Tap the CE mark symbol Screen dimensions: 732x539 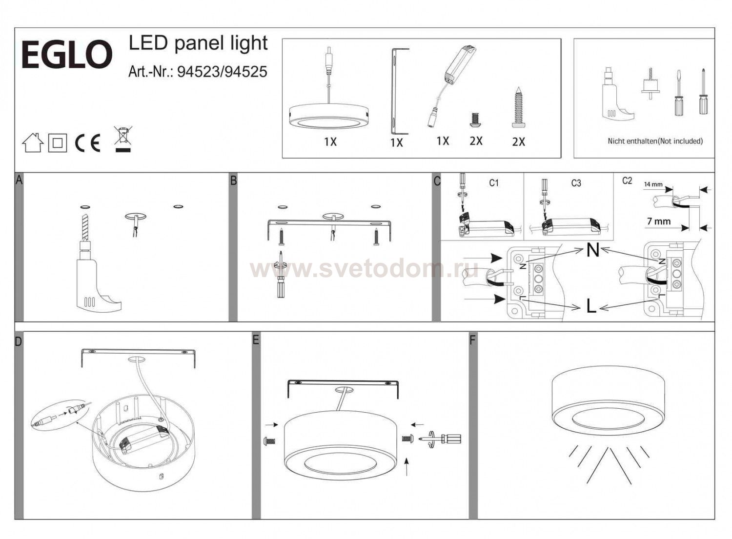click(x=87, y=143)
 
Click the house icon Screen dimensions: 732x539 click(x=33, y=142)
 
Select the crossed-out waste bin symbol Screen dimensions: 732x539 click(x=123, y=139)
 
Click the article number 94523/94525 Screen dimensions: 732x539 click(x=222, y=72)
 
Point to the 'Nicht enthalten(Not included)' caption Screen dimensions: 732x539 click(x=655, y=141)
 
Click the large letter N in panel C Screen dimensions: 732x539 click(x=593, y=251)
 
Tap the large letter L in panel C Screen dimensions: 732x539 click(x=591, y=306)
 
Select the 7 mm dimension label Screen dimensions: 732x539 click(x=659, y=221)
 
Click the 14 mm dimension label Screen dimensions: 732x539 click(x=653, y=184)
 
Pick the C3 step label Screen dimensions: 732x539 click(x=576, y=183)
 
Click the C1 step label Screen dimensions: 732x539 click(x=494, y=183)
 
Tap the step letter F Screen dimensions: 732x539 click(x=472, y=340)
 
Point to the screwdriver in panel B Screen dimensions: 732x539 click(x=281, y=275)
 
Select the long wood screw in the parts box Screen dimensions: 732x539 click(x=518, y=107)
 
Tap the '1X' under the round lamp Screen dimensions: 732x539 click(x=330, y=142)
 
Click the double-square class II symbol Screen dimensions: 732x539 click(x=58, y=143)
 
